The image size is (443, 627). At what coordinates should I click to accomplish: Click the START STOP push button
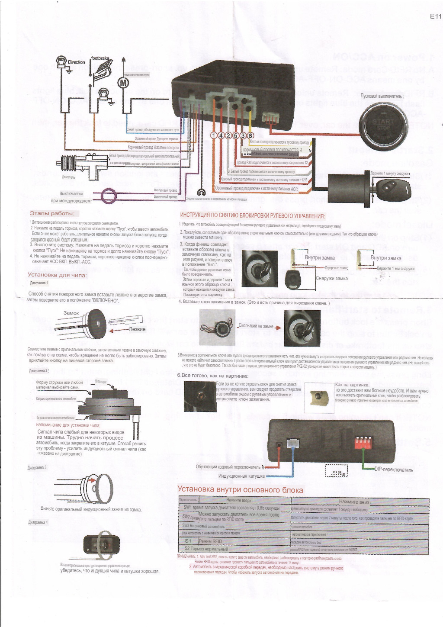click(x=383, y=124)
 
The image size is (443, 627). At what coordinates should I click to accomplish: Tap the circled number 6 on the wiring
click(x=250, y=135)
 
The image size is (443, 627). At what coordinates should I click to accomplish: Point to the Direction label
click(x=77, y=62)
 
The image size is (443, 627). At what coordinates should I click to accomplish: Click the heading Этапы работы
click(x=52, y=213)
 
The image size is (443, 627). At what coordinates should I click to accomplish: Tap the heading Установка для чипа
click(x=57, y=275)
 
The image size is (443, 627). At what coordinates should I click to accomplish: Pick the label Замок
click(x=71, y=313)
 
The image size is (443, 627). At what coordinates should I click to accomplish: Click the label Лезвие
click(x=138, y=329)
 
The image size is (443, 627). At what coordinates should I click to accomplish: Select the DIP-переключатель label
click(x=394, y=470)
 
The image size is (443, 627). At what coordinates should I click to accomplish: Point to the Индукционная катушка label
click(x=241, y=476)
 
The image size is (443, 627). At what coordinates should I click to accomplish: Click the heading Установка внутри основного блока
click(x=240, y=489)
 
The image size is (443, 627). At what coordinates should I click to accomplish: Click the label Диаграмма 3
click(x=38, y=468)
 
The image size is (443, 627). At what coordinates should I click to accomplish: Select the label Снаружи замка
click(x=331, y=278)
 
